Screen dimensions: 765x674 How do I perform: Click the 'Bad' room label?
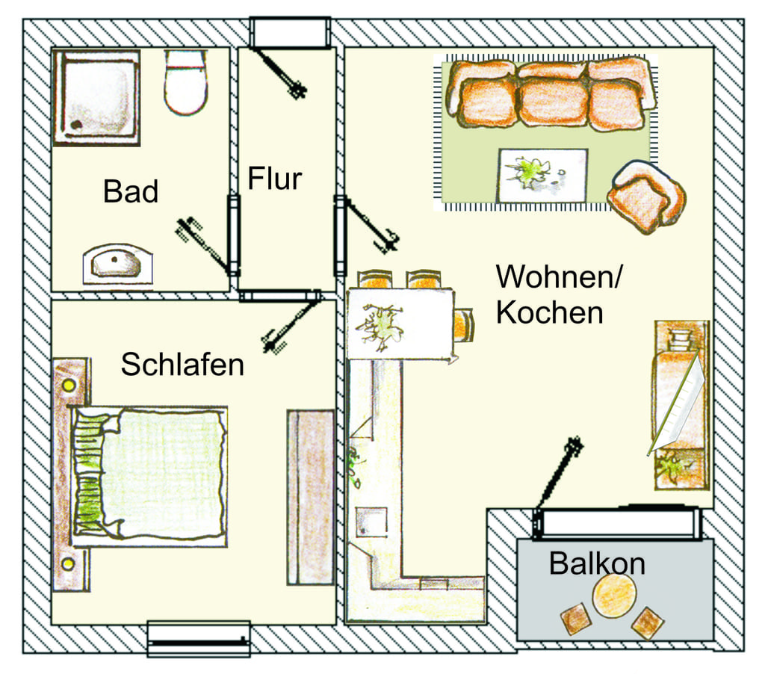point(131,191)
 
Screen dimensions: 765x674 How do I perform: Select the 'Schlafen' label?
point(182,364)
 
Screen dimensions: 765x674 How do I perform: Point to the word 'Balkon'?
point(597,563)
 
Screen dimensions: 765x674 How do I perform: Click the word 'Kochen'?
point(549,312)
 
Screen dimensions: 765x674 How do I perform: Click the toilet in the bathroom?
point(185,82)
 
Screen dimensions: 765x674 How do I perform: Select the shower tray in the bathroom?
point(96,97)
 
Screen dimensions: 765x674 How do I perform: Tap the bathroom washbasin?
point(117,264)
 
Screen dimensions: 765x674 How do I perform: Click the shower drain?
point(76,125)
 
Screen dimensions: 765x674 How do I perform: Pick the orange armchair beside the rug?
point(646,197)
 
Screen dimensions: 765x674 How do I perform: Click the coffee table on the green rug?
point(542,175)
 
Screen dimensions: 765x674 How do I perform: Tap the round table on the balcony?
point(614,596)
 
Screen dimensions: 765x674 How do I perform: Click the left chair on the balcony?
point(576,619)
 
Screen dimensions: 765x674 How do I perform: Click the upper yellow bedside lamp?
point(69,386)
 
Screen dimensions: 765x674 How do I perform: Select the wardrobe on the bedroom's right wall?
point(311,497)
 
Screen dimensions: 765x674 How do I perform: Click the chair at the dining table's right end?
point(464,324)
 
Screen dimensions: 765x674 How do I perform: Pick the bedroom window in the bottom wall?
point(199,638)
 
